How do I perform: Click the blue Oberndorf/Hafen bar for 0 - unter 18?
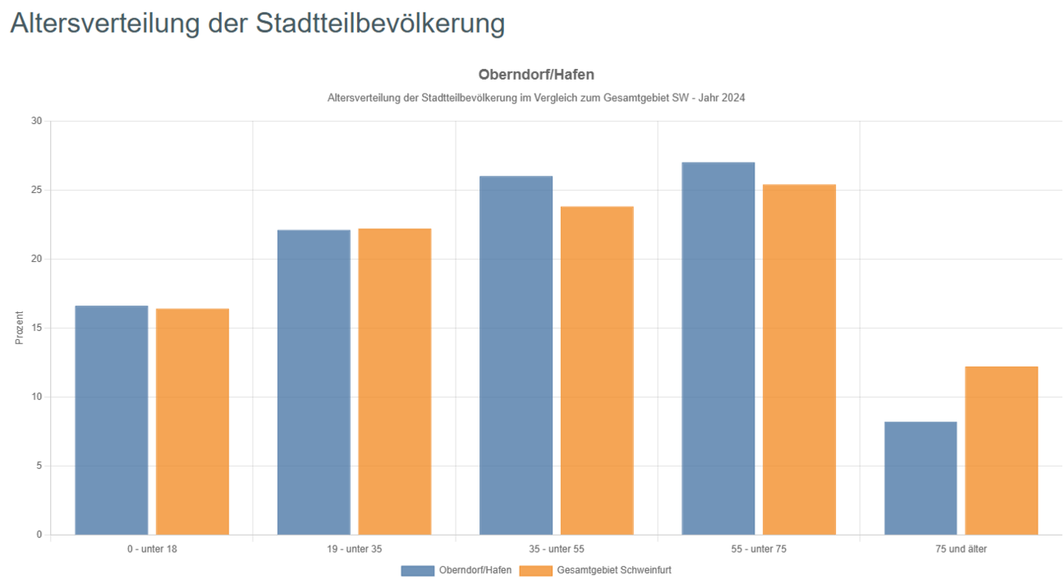tap(112, 420)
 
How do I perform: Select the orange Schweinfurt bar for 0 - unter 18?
tap(192, 421)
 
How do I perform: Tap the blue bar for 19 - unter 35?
tap(314, 382)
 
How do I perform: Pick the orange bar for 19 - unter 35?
tap(394, 382)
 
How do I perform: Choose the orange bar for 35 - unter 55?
tap(597, 370)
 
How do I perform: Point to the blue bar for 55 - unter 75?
tap(718, 348)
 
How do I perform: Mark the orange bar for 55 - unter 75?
tap(799, 360)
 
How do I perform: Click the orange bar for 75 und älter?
tap(1001, 450)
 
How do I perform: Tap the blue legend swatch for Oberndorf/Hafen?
tap(417, 570)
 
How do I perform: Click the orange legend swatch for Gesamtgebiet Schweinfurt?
tap(536, 570)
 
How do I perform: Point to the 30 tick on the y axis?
tap(36, 121)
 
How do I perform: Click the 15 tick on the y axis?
tap(36, 328)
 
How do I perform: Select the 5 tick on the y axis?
tap(39, 466)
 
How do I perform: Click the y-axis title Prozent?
tap(20, 328)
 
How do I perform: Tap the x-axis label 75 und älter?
tap(961, 549)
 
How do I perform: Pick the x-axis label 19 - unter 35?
tap(354, 549)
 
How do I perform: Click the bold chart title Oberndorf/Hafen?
tap(536, 75)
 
